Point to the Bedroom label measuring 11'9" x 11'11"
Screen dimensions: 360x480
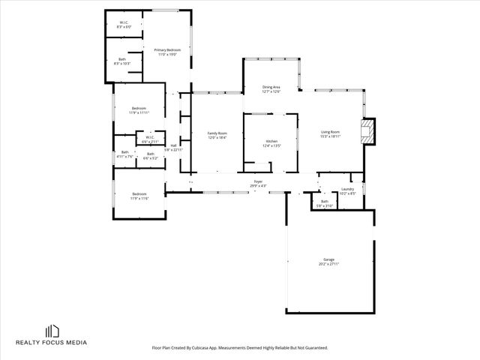point(139,110)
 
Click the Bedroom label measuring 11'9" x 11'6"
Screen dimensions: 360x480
point(139,196)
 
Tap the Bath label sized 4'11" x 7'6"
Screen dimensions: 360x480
point(124,154)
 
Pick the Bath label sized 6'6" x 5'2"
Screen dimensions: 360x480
point(150,156)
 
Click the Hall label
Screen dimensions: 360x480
point(173,147)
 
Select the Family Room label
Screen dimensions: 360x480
point(217,135)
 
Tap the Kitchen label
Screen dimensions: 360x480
point(271,143)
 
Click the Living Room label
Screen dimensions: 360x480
point(331,134)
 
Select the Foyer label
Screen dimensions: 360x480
point(258,183)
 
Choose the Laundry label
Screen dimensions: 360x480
point(347,190)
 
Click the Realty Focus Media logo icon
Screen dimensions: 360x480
point(52,331)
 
